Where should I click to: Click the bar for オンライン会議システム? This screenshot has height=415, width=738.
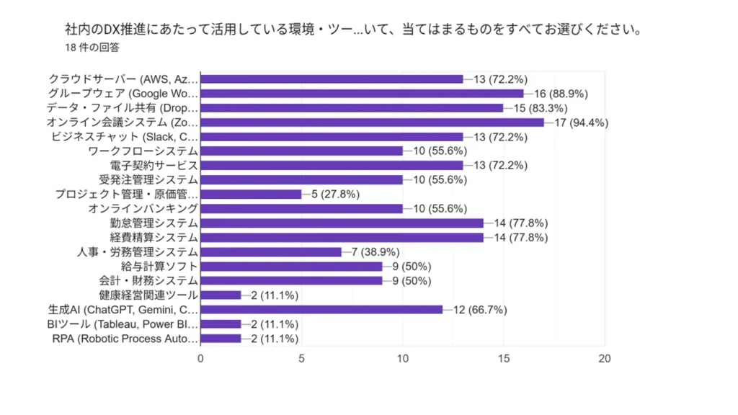[x=372, y=122]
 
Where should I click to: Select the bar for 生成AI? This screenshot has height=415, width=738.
[x=321, y=310]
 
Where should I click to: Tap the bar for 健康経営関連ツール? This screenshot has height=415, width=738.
[x=221, y=295]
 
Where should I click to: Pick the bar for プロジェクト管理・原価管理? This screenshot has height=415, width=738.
[x=251, y=195]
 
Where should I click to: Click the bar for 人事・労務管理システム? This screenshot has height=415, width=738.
[x=271, y=252]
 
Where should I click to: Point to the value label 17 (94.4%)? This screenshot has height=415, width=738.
[x=581, y=122]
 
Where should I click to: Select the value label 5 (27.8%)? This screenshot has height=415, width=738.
[x=335, y=195]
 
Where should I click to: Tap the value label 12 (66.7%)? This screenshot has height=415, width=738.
[x=480, y=310]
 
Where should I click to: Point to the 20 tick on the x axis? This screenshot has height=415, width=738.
[x=605, y=358]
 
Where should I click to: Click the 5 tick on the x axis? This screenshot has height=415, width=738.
[x=301, y=358]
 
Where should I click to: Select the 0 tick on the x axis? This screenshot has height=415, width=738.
[x=200, y=358]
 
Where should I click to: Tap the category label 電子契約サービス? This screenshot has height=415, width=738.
[x=154, y=166]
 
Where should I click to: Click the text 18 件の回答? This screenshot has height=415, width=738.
[x=92, y=48]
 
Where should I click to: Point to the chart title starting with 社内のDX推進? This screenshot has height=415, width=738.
[x=353, y=31]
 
